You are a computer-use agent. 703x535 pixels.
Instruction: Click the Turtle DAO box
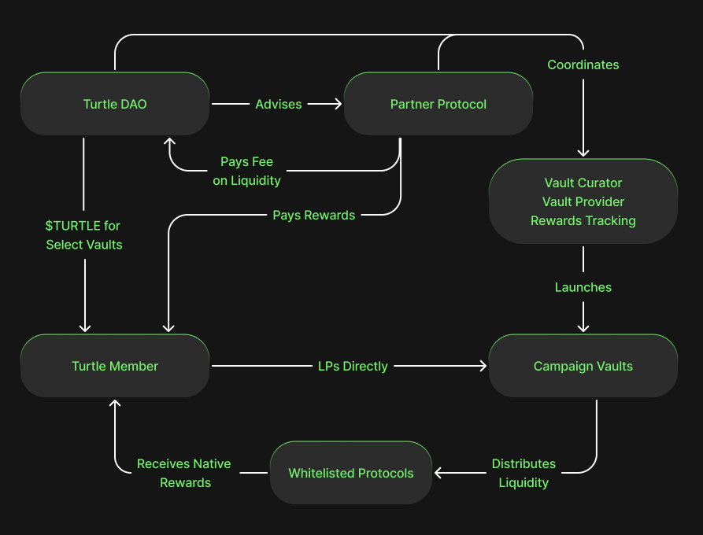[x=115, y=104]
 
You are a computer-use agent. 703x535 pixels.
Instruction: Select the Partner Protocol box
[x=438, y=104]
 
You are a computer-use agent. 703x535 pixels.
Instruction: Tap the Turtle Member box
[x=115, y=366]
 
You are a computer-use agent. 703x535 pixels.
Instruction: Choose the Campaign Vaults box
[x=583, y=366]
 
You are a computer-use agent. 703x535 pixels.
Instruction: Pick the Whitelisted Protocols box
[x=351, y=473]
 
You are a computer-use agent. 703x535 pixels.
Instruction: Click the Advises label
[x=279, y=104]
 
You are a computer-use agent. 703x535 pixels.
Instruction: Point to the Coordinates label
[x=583, y=65]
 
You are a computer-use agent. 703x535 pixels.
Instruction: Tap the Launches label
[x=583, y=287]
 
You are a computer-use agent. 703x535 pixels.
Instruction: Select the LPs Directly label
[x=353, y=366]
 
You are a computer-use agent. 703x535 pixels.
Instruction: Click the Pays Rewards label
[x=313, y=215]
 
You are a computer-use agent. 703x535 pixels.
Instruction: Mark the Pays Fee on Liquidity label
[x=246, y=171]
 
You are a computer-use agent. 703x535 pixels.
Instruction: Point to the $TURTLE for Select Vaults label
[x=83, y=235]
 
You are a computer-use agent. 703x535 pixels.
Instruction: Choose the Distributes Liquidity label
[x=524, y=473]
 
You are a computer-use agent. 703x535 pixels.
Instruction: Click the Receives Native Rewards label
[x=184, y=473]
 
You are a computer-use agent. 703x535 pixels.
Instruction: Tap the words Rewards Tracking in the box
[x=583, y=220]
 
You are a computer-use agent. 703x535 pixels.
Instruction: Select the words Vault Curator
[x=583, y=183]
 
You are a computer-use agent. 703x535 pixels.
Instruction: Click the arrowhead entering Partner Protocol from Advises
[x=339, y=104]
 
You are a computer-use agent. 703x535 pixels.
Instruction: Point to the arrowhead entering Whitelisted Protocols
[x=439, y=473]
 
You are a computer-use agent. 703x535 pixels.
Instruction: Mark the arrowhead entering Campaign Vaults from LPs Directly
[x=483, y=366]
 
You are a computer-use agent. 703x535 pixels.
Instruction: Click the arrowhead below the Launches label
[x=583, y=327]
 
